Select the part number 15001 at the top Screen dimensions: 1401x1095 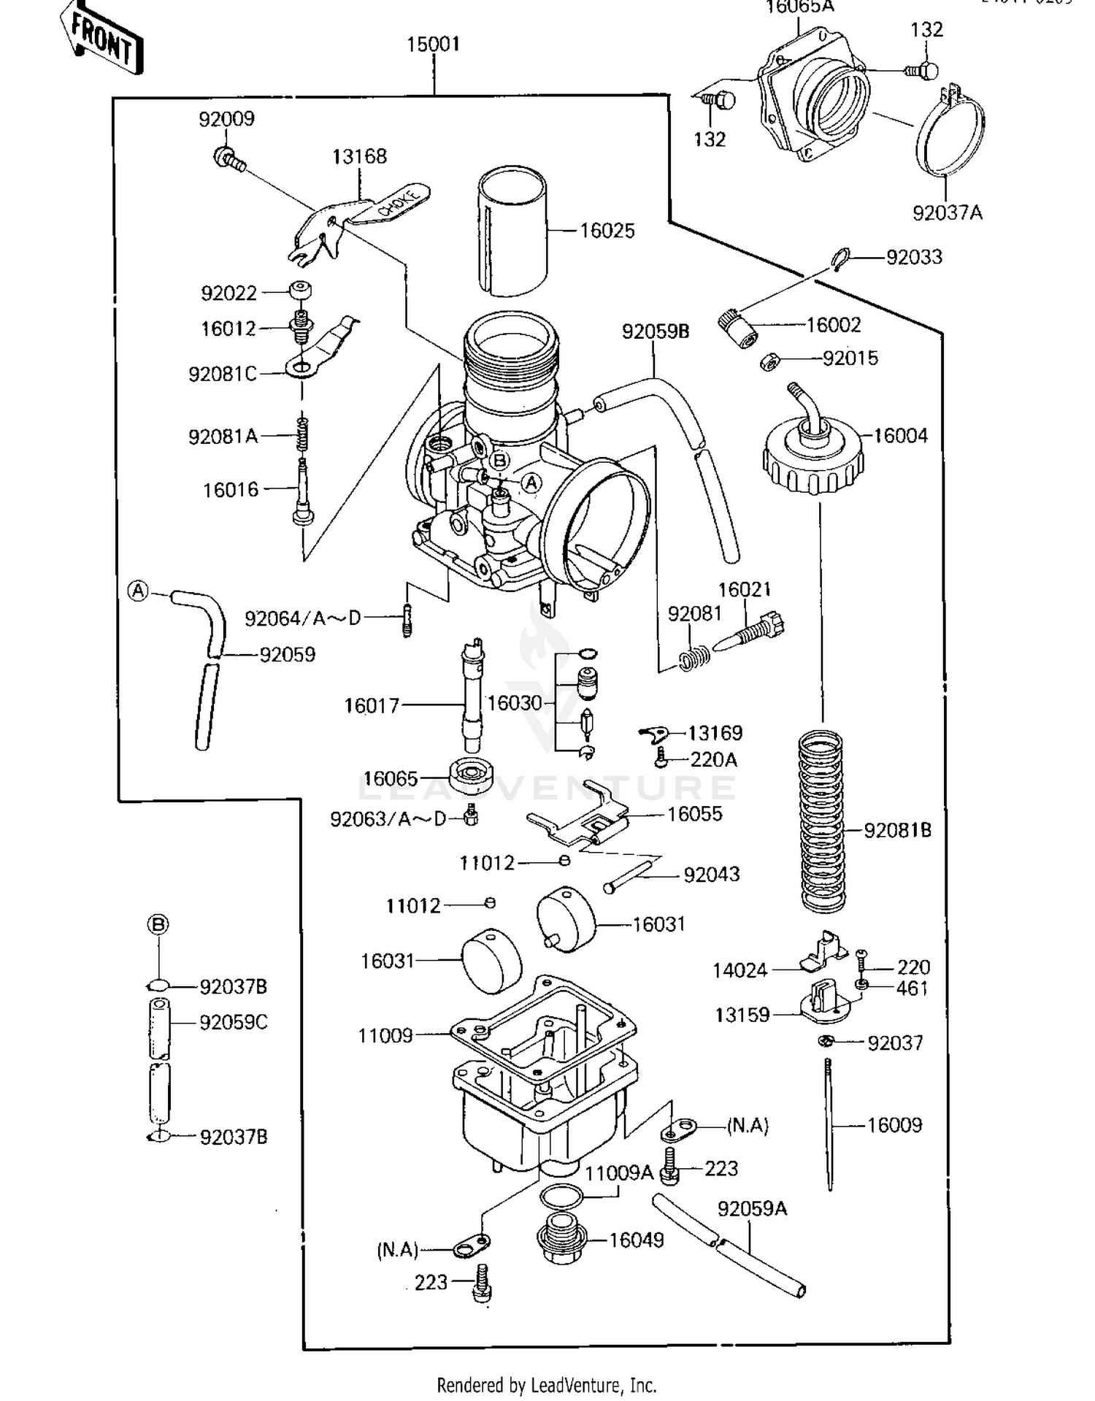pos(434,44)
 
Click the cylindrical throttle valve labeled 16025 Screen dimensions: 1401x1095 pos(512,231)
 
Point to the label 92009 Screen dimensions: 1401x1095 pos(226,118)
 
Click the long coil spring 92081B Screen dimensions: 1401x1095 pos(822,821)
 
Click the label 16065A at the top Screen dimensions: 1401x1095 pos(800,7)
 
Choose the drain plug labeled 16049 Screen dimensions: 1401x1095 pos(561,1240)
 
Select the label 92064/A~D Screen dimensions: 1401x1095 pos(303,618)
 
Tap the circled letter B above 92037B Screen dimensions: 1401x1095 pos(158,925)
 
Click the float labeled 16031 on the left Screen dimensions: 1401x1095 pos(492,961)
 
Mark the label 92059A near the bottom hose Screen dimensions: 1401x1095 pos(752,1209)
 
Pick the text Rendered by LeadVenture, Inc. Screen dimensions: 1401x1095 pos(546,1385)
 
